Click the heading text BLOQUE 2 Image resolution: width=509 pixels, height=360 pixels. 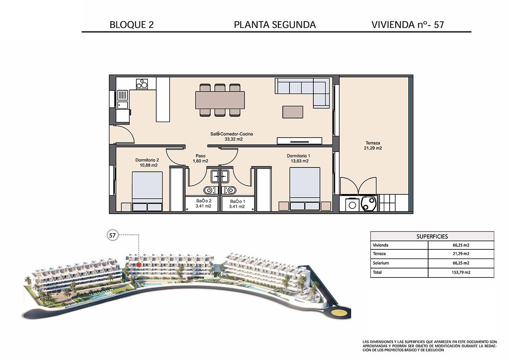[x=131, y=25]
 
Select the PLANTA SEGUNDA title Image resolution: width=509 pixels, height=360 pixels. [x=275, y=25]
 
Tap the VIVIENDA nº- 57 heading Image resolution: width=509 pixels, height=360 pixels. [x=408, y=25]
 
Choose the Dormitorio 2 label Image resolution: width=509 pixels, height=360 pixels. [x=147, y=162]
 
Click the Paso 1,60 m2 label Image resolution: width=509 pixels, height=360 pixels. [x=200, y=158]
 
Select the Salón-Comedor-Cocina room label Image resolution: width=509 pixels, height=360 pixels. [x=231, y=136]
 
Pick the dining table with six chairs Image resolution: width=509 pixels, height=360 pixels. [x=220, y=100]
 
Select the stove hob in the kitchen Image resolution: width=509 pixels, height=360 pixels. [x=142, y=84]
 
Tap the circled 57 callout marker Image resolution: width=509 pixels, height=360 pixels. [x=113, y=235]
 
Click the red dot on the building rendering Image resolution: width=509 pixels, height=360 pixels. [x=139, y=264]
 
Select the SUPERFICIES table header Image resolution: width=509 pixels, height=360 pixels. [x=432, y=236]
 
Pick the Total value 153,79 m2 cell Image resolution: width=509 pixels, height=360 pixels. [x=461, y=273]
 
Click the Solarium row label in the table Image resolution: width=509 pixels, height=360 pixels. [x=381, y=263]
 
